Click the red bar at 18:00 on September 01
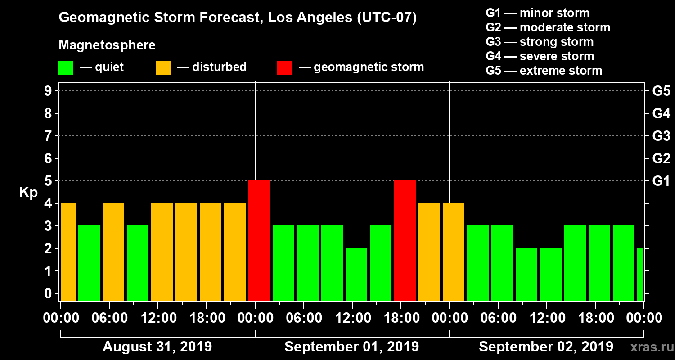[x=405, y=240]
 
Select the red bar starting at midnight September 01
[x=259, y=240]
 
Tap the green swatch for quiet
[x=66, y=68]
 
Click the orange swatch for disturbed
[x=163, y=68]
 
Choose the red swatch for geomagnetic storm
[x=284, y=68]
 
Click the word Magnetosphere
[x=107, y=45]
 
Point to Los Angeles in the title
[x=302, y=18]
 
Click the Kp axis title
[x=28, y=193]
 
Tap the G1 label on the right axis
[x=661, y=181]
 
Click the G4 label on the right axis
[x=661, y=113]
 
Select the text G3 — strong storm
[x=540, y=42]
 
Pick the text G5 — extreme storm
[x=544, y=71]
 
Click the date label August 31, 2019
[x=157, y=347]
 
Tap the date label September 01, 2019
[x=351, y=347]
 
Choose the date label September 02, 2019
[x=545, y=347]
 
